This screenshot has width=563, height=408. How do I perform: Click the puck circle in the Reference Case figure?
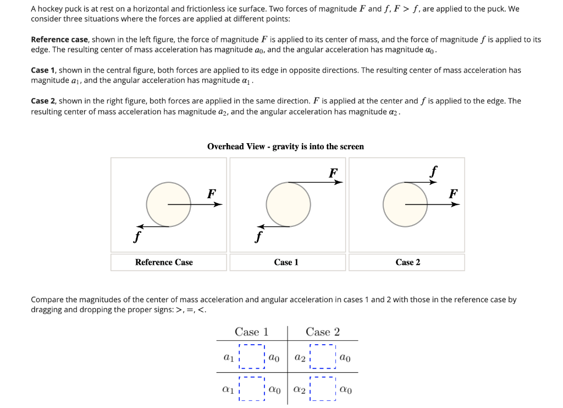(168, 204)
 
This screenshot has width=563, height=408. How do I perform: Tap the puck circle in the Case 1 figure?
(288, 204)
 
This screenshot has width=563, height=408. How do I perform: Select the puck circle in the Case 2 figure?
(405, 204)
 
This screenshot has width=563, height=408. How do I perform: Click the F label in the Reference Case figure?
(211, 193)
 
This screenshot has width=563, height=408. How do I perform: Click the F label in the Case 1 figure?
(333, 173)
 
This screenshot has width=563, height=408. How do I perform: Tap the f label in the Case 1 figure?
(256, 237)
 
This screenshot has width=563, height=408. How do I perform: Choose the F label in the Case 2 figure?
(453, 193)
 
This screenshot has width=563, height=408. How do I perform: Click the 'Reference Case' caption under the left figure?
(164, 262)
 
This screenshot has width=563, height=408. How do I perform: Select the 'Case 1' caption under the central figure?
(286, 262)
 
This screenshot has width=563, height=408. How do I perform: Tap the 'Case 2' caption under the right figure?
(407, 262)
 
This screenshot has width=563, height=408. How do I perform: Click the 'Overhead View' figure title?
(285, 146)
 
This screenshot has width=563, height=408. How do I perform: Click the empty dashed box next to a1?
(252, 357)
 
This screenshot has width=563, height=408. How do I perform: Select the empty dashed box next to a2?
(323, 357)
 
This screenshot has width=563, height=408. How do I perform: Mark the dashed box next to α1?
(252, 389)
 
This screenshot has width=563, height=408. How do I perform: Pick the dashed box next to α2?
(323, 389)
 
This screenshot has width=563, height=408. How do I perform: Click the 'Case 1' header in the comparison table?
(251, 331)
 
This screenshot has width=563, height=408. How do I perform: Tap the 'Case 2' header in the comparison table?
(323, 331)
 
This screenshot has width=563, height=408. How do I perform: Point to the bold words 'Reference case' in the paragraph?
(59, 40)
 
